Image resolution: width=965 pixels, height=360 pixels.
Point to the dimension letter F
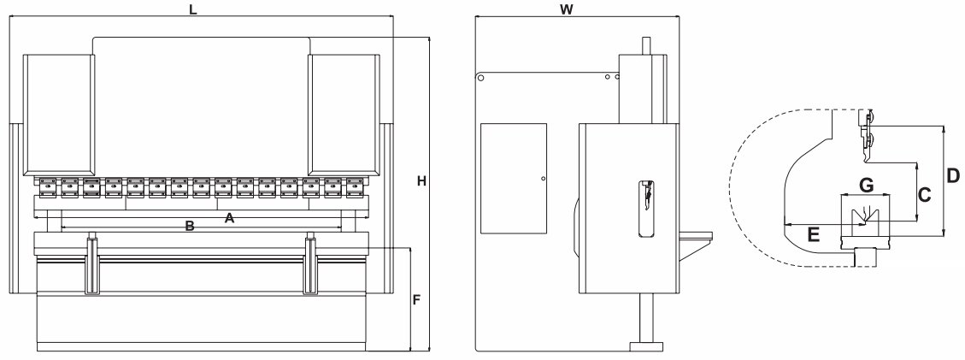click(417, 300)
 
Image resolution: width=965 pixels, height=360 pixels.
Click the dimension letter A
click(228, 218)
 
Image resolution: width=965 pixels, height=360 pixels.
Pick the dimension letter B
click(191, 227)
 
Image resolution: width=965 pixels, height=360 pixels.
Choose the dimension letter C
click(924, 194)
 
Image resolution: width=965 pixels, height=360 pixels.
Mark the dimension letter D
click(953, 177)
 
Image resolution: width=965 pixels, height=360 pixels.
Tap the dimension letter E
click(814, 233)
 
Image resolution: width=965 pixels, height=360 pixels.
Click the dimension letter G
click(866, 184)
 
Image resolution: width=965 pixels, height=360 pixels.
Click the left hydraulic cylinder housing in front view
click(58, 111)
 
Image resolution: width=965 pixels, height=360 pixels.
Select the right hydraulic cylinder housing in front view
click(343, 111)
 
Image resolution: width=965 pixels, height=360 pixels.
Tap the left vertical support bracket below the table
click(91, 266)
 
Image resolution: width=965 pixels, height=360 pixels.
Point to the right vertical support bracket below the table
click(309, 266)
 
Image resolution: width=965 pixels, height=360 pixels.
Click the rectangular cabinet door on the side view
click(513, 178)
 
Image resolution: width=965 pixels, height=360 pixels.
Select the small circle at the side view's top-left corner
click(481, 78)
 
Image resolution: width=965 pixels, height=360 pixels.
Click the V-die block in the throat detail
click(865, 216)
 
